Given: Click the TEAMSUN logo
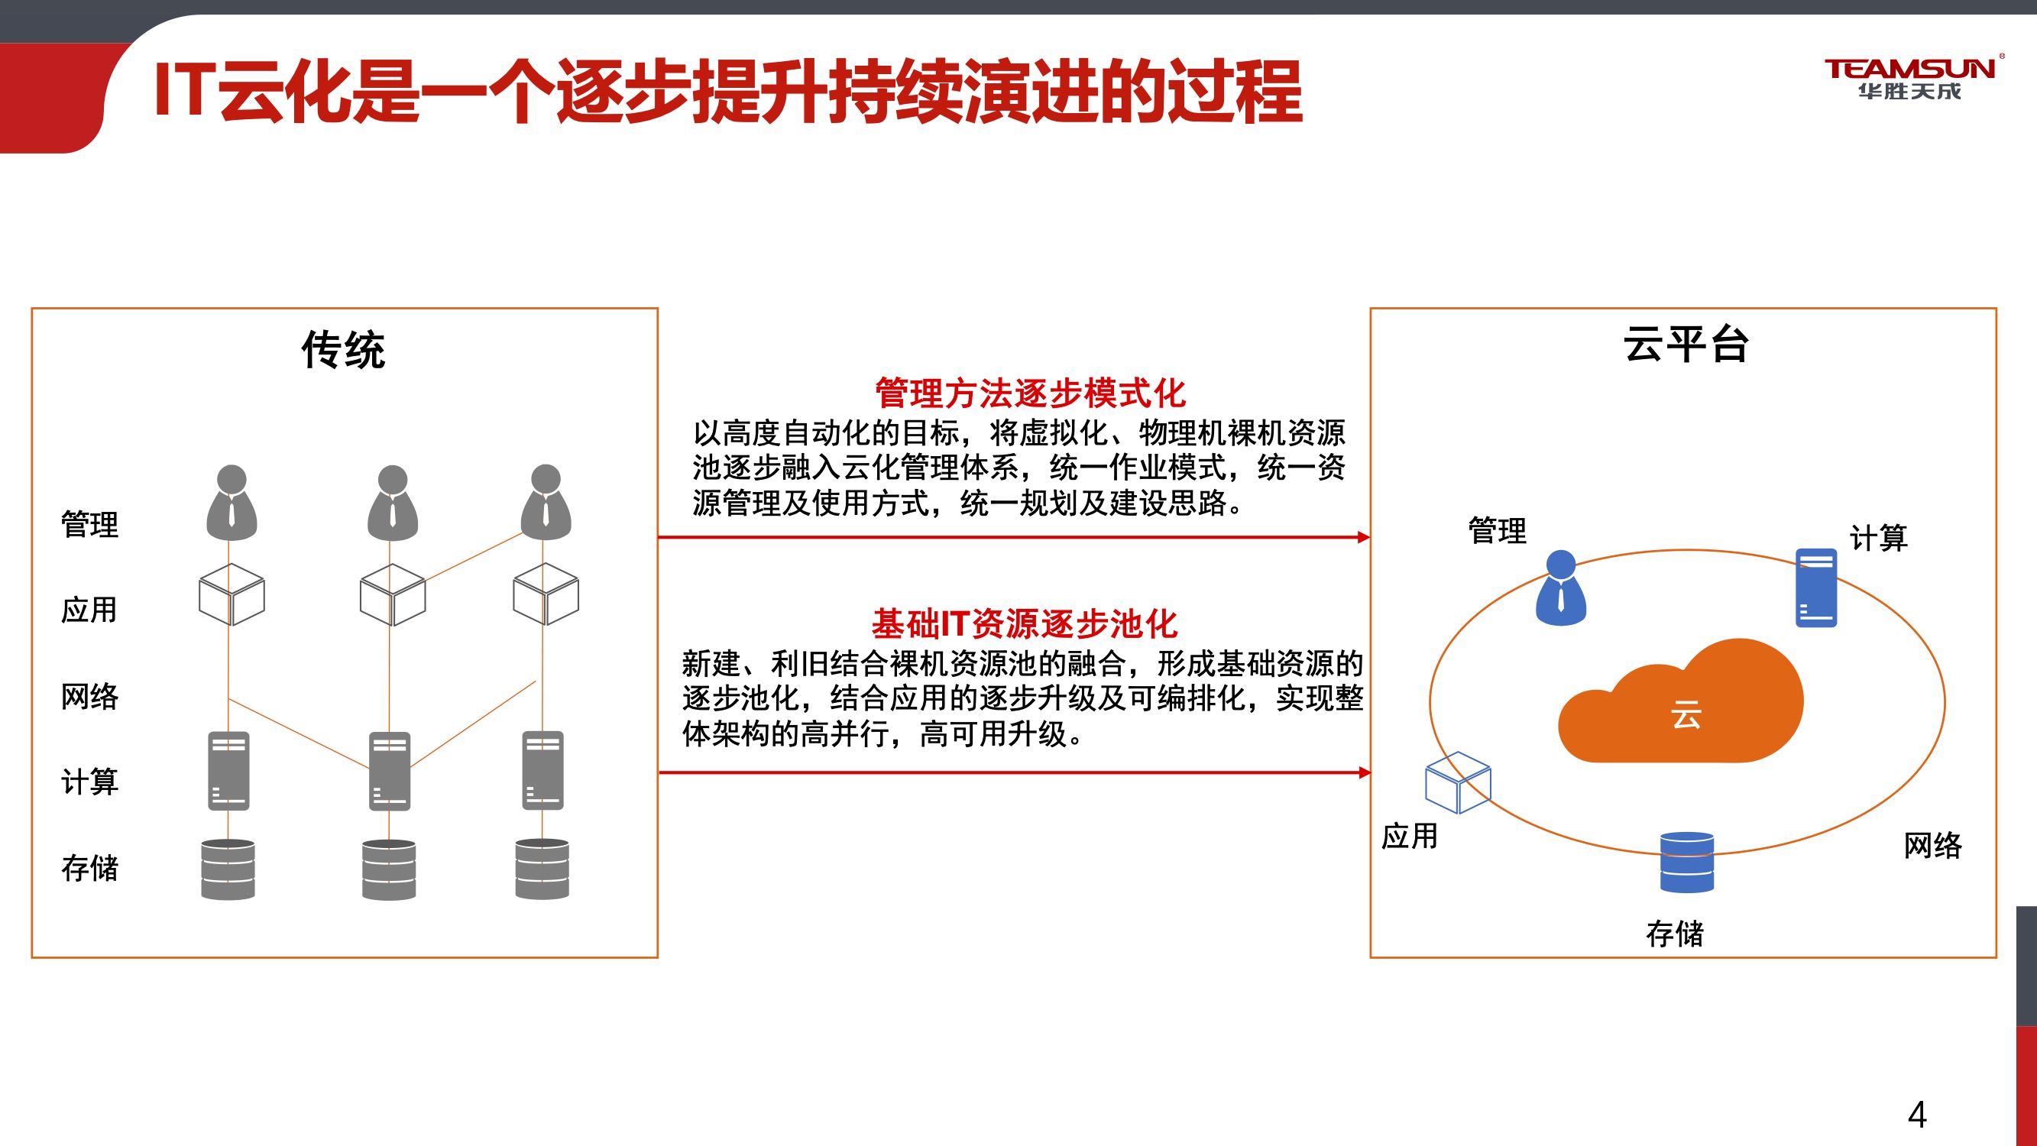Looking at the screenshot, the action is (x=1910, y=78).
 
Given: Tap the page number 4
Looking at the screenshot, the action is (x=1917, y=1115).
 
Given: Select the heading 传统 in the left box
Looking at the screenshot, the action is (x=343, y=350).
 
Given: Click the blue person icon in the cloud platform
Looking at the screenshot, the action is (x=1560, y=588).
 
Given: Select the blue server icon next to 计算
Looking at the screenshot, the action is (x=1816, y=588).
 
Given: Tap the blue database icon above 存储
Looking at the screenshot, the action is (x=1687, y=862).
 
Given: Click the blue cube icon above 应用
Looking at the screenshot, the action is (x=1457, y=782).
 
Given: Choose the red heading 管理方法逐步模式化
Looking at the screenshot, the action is (x=1031, y=393).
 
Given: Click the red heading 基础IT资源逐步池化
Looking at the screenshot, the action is (x=1025, y=624).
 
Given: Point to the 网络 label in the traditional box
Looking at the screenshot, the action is (x=89, y=697).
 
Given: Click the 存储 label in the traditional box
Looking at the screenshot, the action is (x=89, y=868).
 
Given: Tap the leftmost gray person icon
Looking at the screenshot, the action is (x=232, y=502).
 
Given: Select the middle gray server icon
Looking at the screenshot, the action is (x=389, y=771).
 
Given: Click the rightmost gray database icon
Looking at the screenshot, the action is (x=542, y=869).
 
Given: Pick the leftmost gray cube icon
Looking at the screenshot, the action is (x=232, y=594).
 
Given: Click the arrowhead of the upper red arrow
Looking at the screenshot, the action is (x=1364, y=538).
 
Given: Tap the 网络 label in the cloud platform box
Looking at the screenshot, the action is (x=1932, y=846).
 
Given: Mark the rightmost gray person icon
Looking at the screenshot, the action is (x=546, y=502).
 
